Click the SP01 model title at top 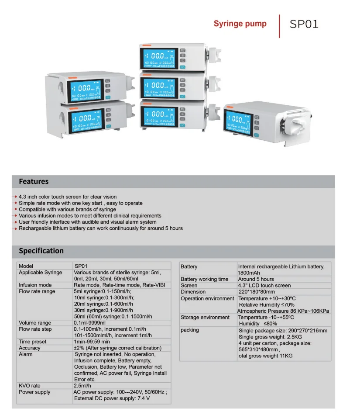304,24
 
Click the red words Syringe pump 240,24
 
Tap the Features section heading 34,181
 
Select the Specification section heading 41,251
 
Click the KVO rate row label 30,386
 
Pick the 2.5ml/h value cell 82,386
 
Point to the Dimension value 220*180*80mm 257,292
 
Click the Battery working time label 204,279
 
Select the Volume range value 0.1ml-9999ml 89,323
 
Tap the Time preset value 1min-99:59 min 92,342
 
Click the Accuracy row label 30,348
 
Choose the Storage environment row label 205,317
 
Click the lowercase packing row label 190,330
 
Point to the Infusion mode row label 35,285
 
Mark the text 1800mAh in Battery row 249,273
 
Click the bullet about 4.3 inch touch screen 68,197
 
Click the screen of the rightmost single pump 238,123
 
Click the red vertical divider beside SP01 279,26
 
